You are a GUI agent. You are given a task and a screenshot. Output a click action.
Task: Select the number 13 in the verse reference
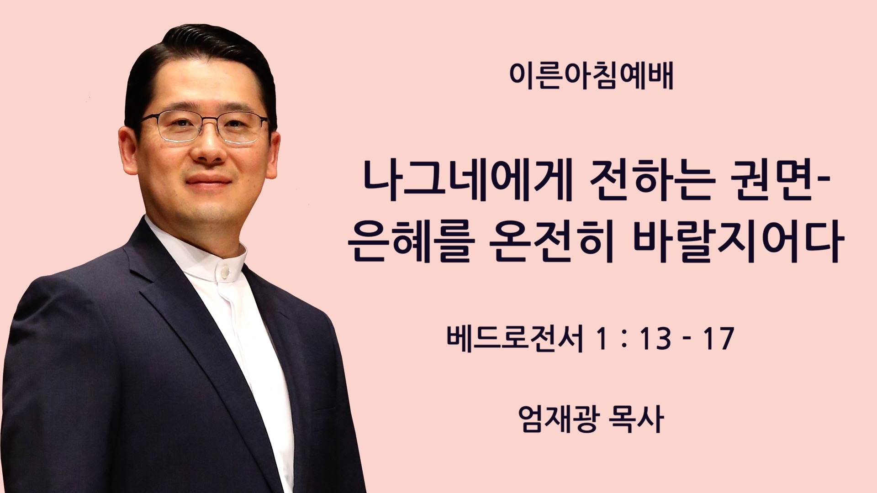pos(655,339)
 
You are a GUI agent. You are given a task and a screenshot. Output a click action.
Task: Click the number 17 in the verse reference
pos(719,339)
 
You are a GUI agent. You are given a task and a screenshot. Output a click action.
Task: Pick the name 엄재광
pos(558,419)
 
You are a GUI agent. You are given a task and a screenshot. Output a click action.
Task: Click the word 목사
pos(637,419)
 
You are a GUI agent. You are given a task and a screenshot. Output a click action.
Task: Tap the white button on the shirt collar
pos(225,273)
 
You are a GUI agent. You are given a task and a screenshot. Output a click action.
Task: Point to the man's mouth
pos(208,180)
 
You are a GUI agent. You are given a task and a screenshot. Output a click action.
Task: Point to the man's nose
pos(209,148)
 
